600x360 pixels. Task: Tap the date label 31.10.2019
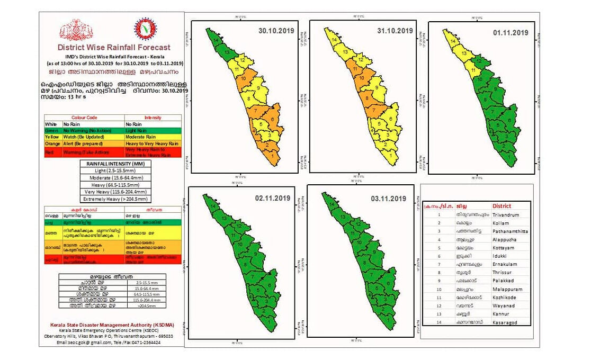click(x=394, y=31)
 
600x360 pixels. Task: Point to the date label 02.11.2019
click(x=272, y=198)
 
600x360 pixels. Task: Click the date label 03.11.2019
click(x=389, y=199)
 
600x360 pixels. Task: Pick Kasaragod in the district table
click(x=505, y=322)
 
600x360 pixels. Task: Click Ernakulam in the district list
click(x=505, y=264)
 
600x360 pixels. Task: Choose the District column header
click(x=502, y=206)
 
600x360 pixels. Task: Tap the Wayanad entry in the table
click(x=503, y=305)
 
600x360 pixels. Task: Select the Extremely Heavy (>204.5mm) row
click(x=114, y=199)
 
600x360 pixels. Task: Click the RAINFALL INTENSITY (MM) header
click(x=114, y=164)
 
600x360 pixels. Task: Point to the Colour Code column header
click(x=84, y=118)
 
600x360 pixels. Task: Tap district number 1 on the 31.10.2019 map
click(x=390, y=156)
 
